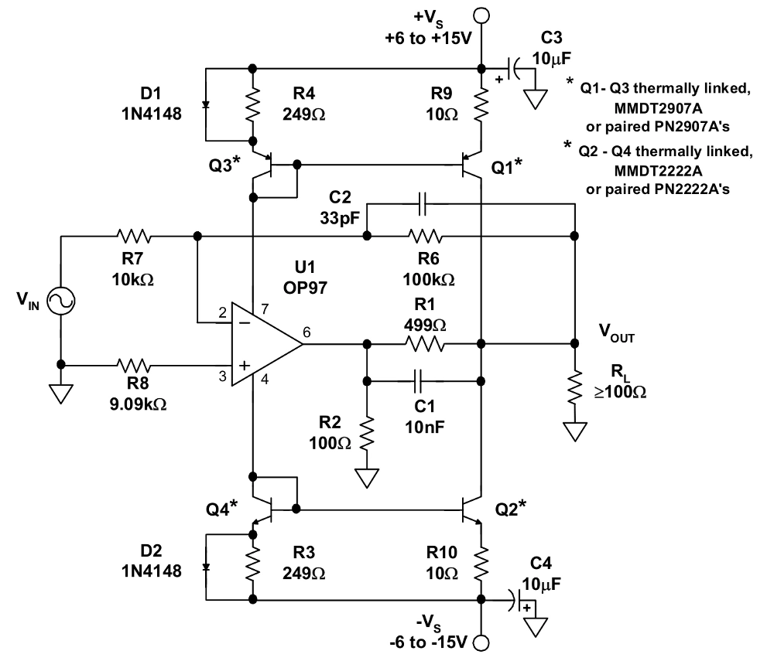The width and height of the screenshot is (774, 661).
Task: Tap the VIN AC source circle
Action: pos(60,300)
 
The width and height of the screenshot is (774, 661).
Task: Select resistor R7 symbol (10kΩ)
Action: pos(134,235)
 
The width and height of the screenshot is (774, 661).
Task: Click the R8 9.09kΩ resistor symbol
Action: pos(134,363)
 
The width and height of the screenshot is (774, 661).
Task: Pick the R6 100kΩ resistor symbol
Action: pos(425,235)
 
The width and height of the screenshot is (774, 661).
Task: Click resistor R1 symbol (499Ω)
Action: pos(425,343)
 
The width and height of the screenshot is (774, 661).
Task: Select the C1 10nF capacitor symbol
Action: pos(420,380)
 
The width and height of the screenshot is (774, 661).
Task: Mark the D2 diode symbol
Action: pos(207,566)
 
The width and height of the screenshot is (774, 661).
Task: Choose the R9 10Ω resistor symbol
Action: pos(481,106)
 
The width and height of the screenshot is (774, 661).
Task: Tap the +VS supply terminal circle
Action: pos(481,14)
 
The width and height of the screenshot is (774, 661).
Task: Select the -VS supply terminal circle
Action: pos(481,642)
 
